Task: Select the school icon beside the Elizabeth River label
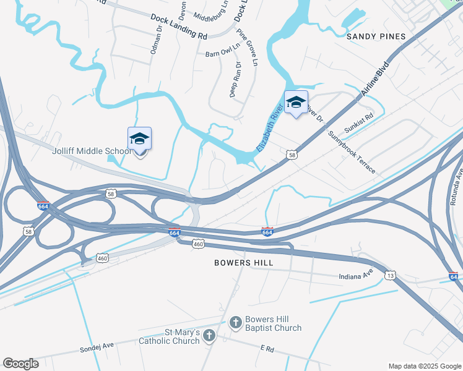[x=296, y=103]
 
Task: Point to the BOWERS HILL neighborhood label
[x=244, y=263]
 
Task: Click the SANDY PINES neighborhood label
[x=376, y=36]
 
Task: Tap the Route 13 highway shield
[x=389, y=275]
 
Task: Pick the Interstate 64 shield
[x=453, y=276]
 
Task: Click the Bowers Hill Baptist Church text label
[x=273, y=323]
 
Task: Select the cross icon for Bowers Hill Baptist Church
[x=235, y=322]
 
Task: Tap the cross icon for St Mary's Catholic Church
[x=209, y=336]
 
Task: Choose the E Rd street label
[x=267, y=349]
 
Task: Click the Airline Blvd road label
[x=376, y=79]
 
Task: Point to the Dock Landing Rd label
[x=178, y=27]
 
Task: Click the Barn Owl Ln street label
[x=222, y=54]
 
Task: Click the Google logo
[x=20, y=364]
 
